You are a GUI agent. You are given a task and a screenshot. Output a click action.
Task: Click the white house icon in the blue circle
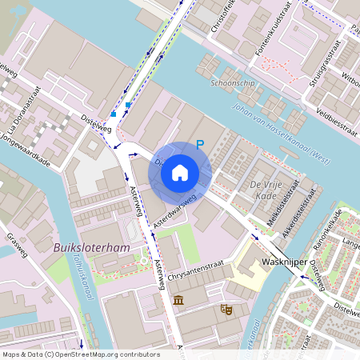click(x=180, y=172)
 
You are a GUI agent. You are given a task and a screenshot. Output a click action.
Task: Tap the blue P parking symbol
click(x=201, y=145)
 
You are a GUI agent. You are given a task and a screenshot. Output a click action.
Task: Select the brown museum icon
click(x=177, y=300)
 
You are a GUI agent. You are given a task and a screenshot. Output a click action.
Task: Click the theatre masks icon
click(x=226, y=308)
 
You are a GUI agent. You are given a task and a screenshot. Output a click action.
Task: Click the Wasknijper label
click(x=281, y=262)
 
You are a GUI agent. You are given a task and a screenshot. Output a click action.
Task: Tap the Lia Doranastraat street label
click(x=23, y=117)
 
